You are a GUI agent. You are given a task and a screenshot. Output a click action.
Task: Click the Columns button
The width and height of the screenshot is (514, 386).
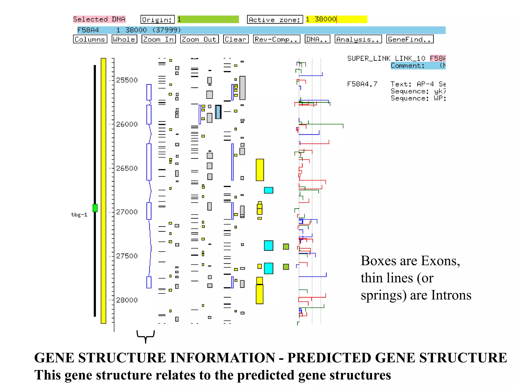[x=90, y=39]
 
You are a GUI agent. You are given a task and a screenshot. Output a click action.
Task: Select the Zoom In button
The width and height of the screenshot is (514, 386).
[x=158, y=39]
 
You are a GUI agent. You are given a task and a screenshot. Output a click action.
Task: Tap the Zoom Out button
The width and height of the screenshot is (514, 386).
[x=199, y=39]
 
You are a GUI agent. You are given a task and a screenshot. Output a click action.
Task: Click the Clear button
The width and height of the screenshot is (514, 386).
[x=235, y=39]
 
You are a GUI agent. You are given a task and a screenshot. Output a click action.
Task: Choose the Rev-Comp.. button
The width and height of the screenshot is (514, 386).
[x=276, y=39]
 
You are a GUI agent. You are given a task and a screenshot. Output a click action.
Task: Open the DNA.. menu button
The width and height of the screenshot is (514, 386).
[x=317, y=39]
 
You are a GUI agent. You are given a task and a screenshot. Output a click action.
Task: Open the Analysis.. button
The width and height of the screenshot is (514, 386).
[x=358, y=39]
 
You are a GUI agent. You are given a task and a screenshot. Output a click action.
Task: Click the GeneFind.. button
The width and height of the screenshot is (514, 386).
[x=410, y=39]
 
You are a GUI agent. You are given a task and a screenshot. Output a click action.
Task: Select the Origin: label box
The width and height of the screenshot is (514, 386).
[x=157, y=19]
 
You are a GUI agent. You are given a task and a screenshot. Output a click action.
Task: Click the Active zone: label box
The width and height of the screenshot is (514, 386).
[x=275, y=19]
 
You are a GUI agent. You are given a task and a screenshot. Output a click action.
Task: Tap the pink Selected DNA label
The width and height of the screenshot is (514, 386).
[x=99, y=19]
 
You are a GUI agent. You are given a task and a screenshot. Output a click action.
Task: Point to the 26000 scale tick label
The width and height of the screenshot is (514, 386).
[x=127, y=124]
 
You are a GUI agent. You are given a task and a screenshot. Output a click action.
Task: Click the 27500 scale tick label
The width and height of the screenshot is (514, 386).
[x=127, y=256]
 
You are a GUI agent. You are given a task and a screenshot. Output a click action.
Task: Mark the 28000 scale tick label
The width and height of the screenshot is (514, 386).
[x=127, y=300]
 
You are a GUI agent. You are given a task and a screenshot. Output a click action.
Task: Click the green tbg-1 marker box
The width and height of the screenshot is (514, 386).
[x=95, y=208]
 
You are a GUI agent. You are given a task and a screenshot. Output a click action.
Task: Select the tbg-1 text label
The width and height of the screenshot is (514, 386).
[x=79, y=215]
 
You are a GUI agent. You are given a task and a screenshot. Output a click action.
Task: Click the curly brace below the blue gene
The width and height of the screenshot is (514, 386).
[x=146, y=336]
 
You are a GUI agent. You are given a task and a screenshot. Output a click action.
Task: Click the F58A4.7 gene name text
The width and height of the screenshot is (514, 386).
[x=362, y=84]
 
